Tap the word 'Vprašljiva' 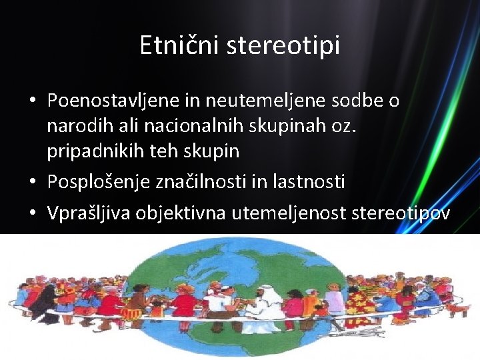click(89, 213)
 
